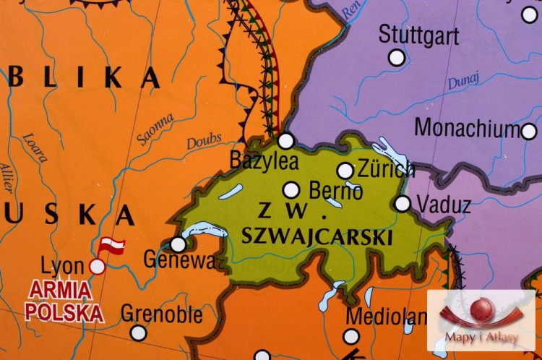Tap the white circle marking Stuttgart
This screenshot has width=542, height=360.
pyautogui.click(x=397, y=57)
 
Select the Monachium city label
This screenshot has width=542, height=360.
pyautogui.click(x=467, y=129)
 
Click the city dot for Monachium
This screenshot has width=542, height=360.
pyautogui.click(x=529, y=131)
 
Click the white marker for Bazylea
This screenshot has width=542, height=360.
pyautogui.click(x=286, y=141)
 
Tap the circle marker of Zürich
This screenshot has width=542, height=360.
pyautogui.click(x=345, y=171)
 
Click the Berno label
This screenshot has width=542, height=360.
pyautogui.click(x=335, y=192)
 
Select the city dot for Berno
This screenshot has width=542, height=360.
pyautogui.click(x=291, y=190)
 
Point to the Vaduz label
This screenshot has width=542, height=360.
pyautogui.click(x=444, y=205)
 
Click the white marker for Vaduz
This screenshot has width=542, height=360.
pyautogui.click(x=403, y=204)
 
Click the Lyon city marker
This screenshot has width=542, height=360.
pyautogui.click(x=97, y=267)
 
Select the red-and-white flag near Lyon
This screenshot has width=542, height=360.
pyautogui.click(x=111, y=246)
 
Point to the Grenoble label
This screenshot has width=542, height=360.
pyautogui.click(x=162, y=314)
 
